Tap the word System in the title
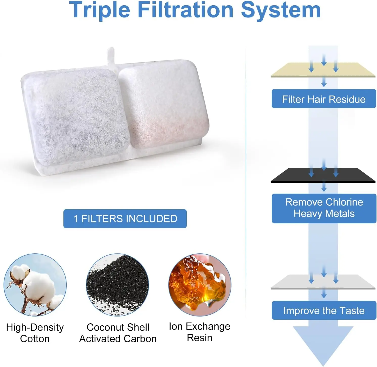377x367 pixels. tap(281, 10)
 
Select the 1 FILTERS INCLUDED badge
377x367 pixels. tap(125, 219)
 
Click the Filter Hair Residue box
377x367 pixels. tap(324, 99)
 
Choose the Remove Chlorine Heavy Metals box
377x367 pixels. tap(324, 208)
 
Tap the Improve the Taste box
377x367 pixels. tap(324, 310)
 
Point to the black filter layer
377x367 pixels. tap(323, 175)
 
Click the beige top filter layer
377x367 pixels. tap(323, 70)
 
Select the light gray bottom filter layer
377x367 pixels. tap(323, 282)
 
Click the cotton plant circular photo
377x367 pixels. tap(35, 285)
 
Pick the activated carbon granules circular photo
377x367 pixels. tap(117, 285)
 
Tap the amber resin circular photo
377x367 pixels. tap(200, 285)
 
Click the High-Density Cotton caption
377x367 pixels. tap(35, 333)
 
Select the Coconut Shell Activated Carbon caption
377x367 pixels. tap(118, 333)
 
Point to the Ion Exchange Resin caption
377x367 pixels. tap(200, 332)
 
